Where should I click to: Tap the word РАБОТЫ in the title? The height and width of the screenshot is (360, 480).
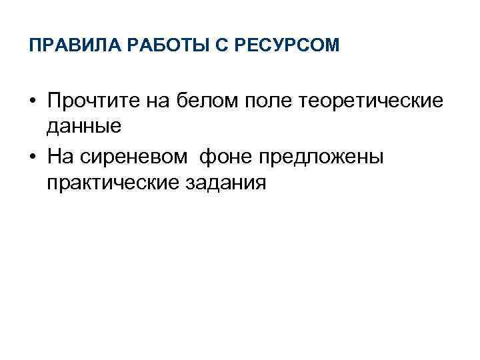click(x=143, y=46)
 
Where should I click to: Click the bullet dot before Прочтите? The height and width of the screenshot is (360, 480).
click(x=32, y=103)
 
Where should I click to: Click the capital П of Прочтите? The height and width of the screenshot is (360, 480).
click(x=54, y=102)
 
